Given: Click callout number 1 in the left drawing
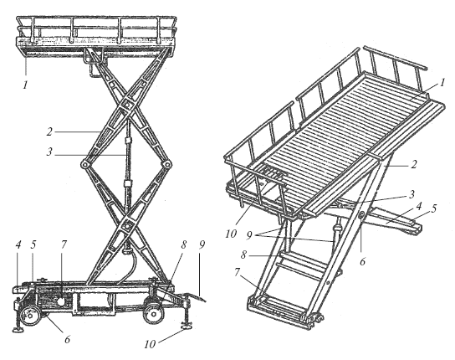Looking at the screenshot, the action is coord(26,85).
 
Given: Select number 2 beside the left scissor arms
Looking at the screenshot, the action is coord(49,132).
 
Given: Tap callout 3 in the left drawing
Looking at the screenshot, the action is coord(49,152).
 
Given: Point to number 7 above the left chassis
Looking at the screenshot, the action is coord(64,245).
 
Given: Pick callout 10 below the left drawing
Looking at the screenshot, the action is coord(150,344).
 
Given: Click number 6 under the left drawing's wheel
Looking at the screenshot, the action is coord(67,339).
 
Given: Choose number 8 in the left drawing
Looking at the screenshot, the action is coord(183,245).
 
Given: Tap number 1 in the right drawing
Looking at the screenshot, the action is coord(442,83).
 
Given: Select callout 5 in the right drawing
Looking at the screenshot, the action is coord(434,208).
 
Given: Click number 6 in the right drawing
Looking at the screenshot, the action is coord(362,261).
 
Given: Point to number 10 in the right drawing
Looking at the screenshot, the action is coord(231,234).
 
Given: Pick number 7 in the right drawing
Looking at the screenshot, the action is coord(238,272).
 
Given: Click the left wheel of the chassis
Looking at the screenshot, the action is coord(31,316).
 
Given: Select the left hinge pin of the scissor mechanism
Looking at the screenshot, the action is coord(84,164).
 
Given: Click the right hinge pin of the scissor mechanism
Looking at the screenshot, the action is coord(167,164).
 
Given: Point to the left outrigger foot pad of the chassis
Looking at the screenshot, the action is coord(19,329).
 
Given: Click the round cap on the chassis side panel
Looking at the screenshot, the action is coord(62,301).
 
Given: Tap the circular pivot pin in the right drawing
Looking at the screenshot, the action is coord(362,216).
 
